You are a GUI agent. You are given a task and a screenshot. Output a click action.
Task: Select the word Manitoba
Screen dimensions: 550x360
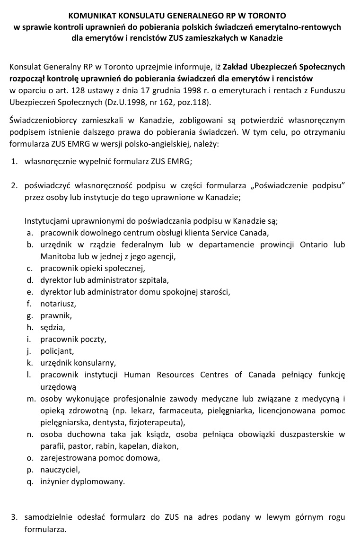(56, 256)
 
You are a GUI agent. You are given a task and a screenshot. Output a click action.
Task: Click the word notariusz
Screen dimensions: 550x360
(58, 303)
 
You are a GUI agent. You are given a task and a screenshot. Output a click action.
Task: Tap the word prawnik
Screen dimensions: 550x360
(56, 315)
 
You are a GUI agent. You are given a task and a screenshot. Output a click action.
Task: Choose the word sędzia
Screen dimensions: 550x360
(53, 327)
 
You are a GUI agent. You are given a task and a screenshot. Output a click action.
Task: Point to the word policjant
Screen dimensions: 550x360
(57, 351)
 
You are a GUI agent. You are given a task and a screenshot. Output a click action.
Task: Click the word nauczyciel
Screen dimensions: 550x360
(60, 470)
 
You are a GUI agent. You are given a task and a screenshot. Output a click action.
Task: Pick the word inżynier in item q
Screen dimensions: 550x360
(54, 481)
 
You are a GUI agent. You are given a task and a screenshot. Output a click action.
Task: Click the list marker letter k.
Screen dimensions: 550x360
(29, 363)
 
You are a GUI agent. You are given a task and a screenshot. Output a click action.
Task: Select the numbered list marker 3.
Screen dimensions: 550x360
(15, 517)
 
